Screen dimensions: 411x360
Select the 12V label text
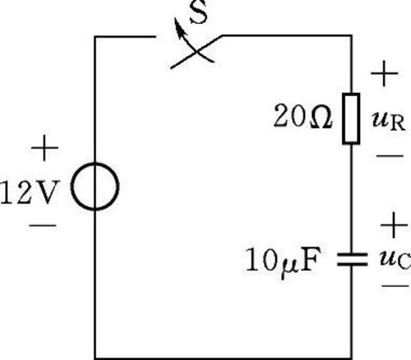(30, 192)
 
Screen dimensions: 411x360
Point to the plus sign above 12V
(44, 148)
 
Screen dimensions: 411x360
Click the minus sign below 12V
(43, 226)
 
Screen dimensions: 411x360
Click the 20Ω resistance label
(302, 116)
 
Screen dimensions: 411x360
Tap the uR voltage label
(389, 121)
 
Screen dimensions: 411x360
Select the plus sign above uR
(385, 73)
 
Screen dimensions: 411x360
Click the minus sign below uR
(390, 156)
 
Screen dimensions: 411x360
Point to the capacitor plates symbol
(352, 260)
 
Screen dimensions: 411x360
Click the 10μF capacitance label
(283, 261)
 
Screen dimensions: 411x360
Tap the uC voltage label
(395, 259)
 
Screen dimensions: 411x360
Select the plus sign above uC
(394, 225)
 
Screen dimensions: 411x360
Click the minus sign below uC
(395, 286)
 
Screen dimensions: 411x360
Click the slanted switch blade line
(196, 52)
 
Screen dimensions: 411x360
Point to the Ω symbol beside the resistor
(321, 118)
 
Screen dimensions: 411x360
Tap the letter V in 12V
(47, 192)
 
